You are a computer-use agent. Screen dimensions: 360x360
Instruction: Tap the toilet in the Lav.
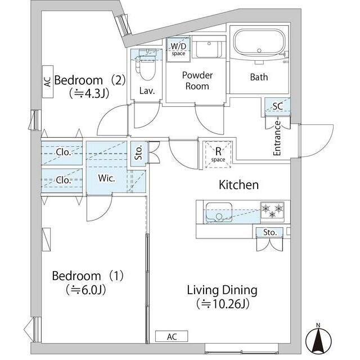coord(146,67)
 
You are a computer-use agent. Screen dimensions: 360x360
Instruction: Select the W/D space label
coord(178,49)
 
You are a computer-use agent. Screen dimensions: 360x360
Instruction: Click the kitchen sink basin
coord(219,212)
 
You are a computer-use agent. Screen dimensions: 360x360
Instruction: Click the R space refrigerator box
coord(218,154)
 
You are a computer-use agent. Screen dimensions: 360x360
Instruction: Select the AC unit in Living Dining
coord(172,336)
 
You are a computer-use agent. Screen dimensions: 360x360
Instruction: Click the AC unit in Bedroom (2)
coord(48,82)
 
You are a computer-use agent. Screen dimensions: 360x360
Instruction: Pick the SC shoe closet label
coord(277,106)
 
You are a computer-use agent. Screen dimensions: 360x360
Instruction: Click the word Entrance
coord(277,138)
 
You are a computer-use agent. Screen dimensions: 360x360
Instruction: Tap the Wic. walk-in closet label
coord(106,178)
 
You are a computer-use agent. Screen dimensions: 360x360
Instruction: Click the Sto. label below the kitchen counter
coord(270,232)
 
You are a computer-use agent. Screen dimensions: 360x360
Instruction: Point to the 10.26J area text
coord(223,304)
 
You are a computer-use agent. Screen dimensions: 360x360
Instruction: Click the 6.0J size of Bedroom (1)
coord(86,290)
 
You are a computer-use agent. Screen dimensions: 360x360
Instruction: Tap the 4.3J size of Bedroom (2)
coord(89,94)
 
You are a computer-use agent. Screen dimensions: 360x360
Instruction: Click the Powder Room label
coord(197,80)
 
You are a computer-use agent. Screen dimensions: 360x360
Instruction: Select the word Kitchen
coord(238,185)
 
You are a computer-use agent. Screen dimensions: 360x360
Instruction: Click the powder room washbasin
coord(209,49)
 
